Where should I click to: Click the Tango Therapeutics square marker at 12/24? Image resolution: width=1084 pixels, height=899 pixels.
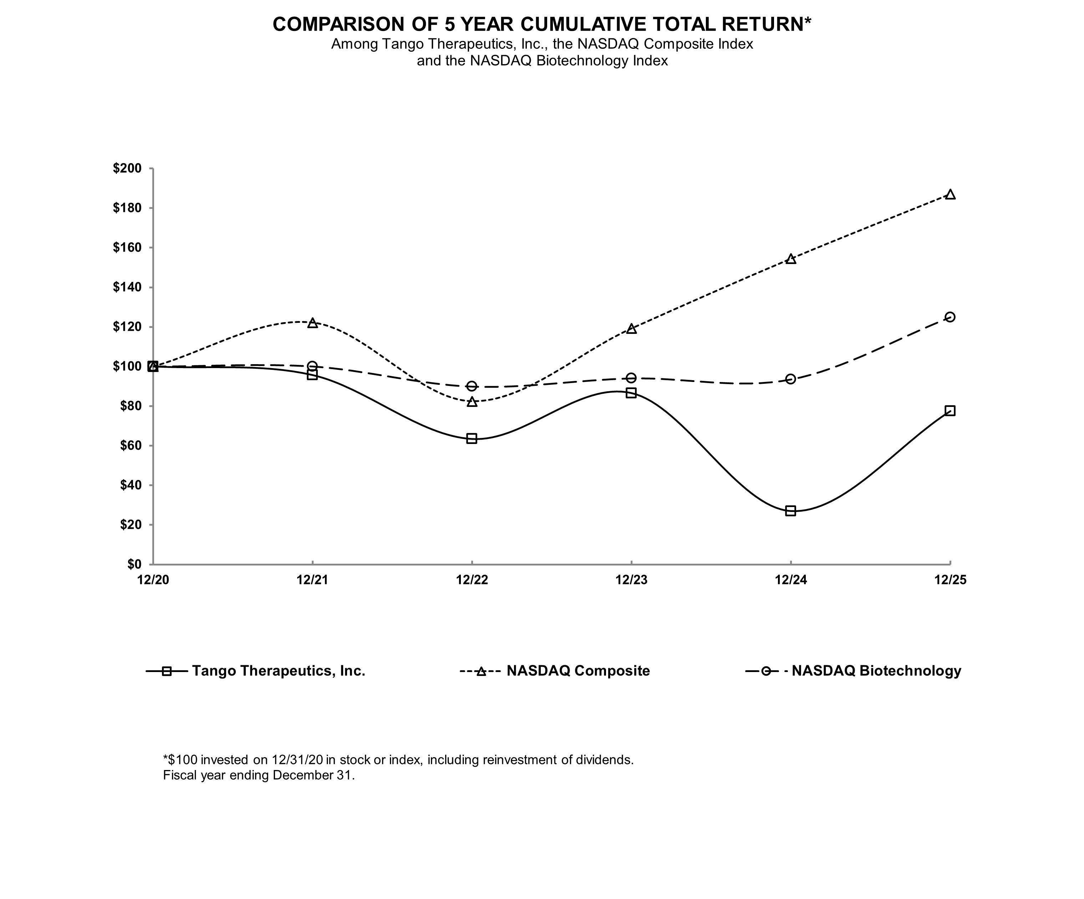(790, 511)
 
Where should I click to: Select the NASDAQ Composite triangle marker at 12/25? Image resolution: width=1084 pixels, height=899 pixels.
(950, 195)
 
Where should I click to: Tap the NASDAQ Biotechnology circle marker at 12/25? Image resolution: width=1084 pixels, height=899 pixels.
(950, 317)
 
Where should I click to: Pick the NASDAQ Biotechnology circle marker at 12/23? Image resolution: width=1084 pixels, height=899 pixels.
(631, 378)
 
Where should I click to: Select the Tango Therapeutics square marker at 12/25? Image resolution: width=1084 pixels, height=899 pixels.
(950, 410)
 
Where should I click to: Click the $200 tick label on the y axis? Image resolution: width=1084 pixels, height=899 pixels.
(127, 169)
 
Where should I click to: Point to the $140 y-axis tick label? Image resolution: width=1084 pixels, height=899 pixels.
(127, 287)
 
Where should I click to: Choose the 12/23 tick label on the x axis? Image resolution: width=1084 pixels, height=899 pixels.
(631, 580)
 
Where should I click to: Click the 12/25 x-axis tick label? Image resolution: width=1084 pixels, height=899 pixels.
(950, 580)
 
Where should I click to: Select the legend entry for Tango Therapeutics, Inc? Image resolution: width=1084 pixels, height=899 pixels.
(278, 671)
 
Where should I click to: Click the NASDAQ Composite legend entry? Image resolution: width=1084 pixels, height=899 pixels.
(577, 671)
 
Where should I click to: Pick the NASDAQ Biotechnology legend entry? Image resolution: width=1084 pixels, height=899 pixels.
(876, 671)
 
